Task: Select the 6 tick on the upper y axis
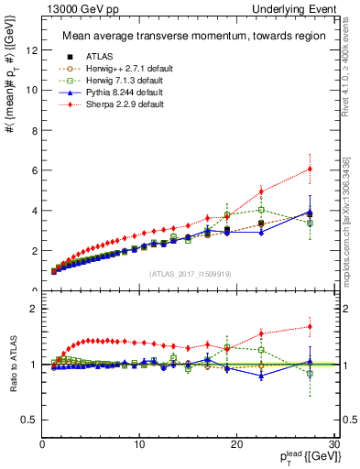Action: pos(34,170)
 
